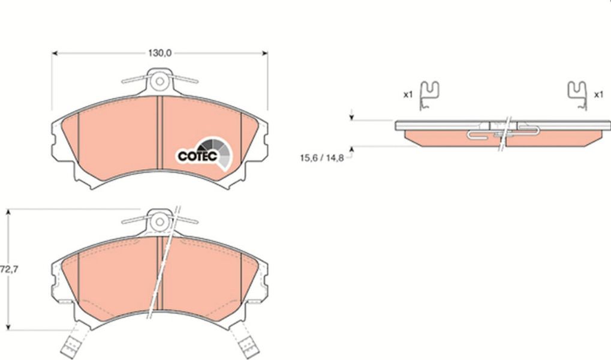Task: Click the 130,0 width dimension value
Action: (159, 53)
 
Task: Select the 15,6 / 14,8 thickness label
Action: (322, 158)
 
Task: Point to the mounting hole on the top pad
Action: (159, 82)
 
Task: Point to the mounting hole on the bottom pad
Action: (159, 221)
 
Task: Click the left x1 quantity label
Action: (408, 94)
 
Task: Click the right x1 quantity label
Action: (598, 94)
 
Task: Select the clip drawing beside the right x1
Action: (577, 95)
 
